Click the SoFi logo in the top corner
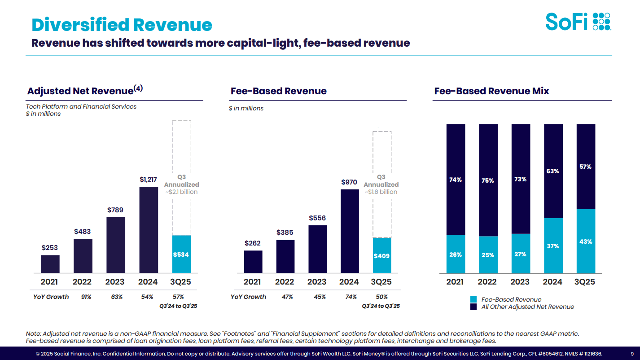578,22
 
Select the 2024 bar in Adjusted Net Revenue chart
148,230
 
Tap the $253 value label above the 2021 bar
50,248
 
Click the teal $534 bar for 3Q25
181,254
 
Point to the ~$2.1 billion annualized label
181,192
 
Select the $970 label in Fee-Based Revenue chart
349,182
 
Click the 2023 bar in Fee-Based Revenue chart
317,249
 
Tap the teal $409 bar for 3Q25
381,255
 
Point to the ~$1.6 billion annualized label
381,192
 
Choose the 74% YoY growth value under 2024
351,297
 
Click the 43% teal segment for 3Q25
586,241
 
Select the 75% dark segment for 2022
488,180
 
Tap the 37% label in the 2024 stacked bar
553,246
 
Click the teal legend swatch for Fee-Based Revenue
473,299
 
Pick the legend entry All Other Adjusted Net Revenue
527,307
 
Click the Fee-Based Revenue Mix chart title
491,91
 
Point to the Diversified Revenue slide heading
122,25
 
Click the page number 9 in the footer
632,354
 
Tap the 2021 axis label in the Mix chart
455,282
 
